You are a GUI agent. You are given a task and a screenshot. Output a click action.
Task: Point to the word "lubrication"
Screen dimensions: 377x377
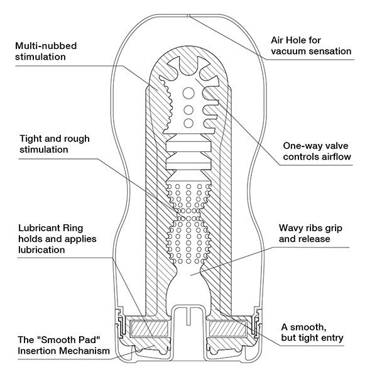pos(43,249)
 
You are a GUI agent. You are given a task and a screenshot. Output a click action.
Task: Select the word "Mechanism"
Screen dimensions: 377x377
pos(90,349)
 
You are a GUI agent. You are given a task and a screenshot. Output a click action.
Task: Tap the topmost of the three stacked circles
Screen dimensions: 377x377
pos(188,94)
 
